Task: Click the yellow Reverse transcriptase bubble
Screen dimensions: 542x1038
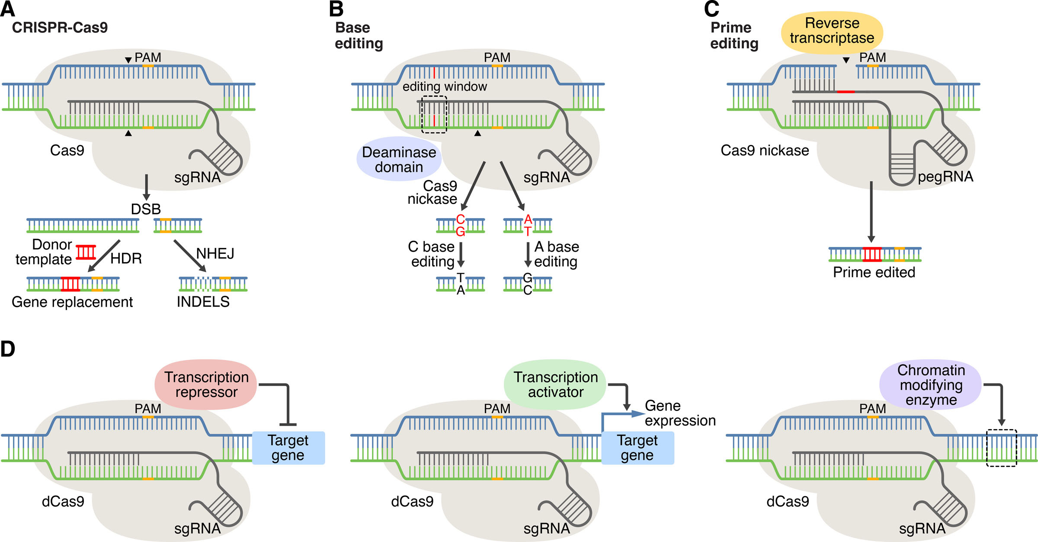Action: [x=832, y=31]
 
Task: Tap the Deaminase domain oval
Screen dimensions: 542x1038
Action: [x=399, y=159]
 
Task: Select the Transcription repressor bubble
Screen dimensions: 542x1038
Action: [x=206, y=385]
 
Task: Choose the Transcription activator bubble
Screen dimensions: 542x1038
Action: [x=555, y=385]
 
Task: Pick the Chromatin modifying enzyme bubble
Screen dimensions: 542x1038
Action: [x=931, y=385]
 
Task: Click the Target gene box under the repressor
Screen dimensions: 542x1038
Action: [x=288, y=448]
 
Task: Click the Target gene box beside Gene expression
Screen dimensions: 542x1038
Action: [x=638, y=448]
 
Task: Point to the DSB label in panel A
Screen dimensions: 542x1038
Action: [x=146, y=209]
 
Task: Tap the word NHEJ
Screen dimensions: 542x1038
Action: [x=215, y=253]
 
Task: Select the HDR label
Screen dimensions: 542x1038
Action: [x=126, y=259]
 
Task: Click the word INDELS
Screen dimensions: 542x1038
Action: [x=203, y=302]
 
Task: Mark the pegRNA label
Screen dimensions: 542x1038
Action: [x=945, y=176]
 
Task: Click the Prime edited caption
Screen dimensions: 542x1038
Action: [x=874, y=273]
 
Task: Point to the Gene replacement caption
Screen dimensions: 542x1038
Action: [x=72, y=302]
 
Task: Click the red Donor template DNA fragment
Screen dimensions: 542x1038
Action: [x=86, y=252]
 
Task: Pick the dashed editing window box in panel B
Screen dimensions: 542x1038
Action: [x=434, y=115]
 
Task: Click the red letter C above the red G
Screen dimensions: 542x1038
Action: [x=461, y=220]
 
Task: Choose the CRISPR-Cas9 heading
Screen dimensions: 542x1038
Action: [x=60, y=28]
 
